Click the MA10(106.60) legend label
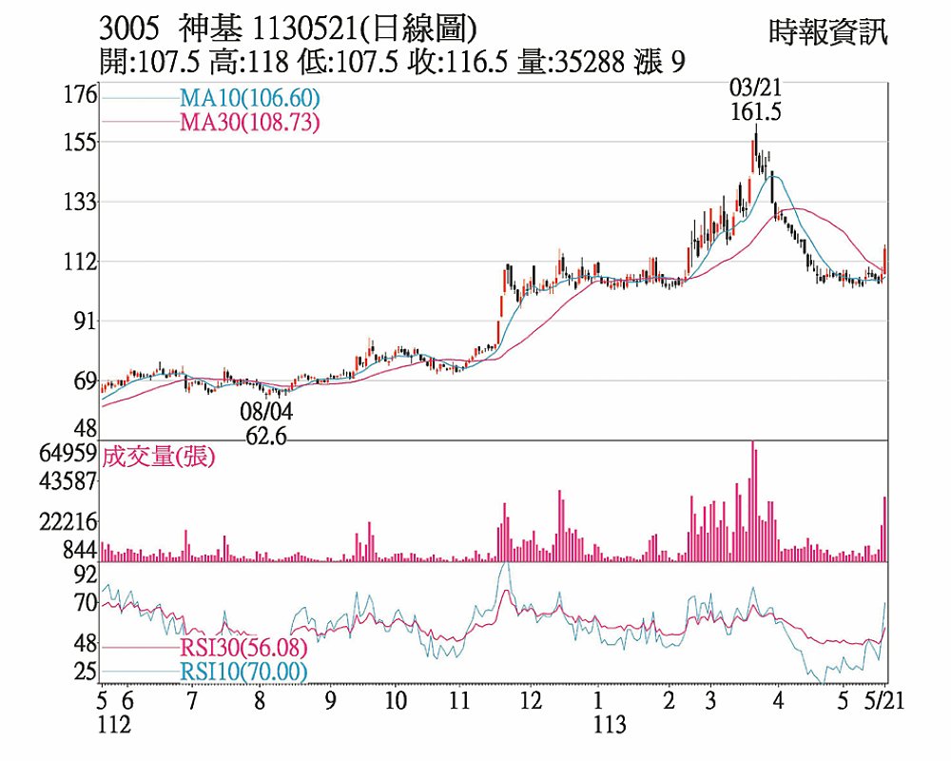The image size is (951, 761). tap(248, 98)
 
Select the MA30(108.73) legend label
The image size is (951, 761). tap(248, 122)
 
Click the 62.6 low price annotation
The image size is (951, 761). tap(266, 437)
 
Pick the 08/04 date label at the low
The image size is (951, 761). tap(266, 413)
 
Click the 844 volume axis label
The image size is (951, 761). tap(81, 550)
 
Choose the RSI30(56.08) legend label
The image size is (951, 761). tap(243, 649)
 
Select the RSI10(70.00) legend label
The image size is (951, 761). tap(243, 673)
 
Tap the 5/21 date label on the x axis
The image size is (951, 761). tap(883, 701)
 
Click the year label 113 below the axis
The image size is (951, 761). tap(610, 725)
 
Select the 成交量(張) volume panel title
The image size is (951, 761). tap(159, 458)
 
